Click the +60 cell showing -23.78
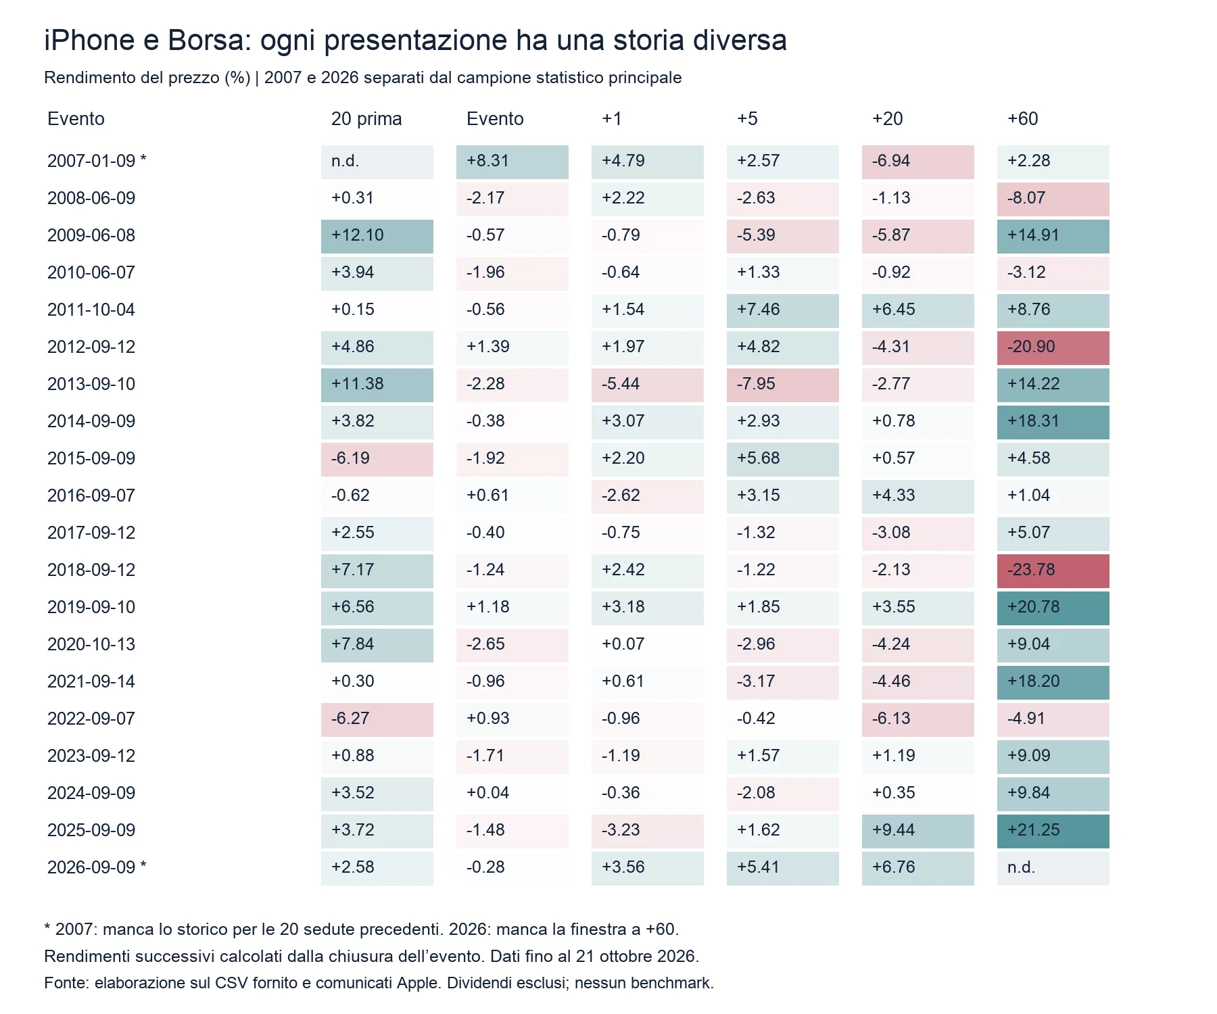1053,571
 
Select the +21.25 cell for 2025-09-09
1053,831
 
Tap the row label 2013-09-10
91,384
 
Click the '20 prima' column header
366,119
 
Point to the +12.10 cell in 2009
377,236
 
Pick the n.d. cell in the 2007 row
377,162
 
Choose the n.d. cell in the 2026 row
1053,868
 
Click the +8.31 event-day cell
512,162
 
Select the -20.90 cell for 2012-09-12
1053,347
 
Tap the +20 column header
888,119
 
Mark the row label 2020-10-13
91,644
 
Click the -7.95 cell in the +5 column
782,385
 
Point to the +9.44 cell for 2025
917,831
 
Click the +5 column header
747,119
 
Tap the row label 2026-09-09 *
97,867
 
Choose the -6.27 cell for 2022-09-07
377,719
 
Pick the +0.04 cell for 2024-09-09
512,794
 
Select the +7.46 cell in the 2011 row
782,310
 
